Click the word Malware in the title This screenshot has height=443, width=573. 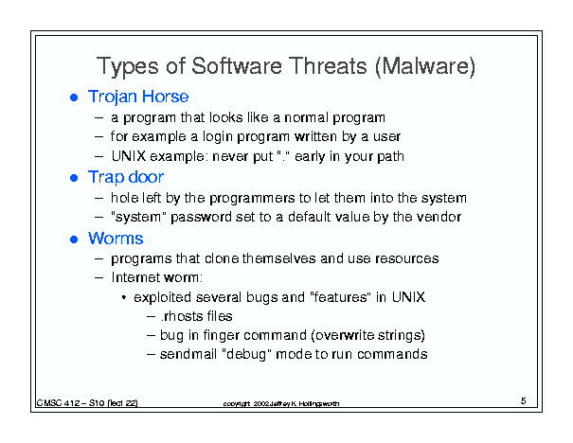(x=425, y=66)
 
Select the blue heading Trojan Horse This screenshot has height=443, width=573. (x=138, y=97)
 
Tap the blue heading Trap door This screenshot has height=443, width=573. (x=126, y=177)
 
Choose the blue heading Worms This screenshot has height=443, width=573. (x=116, y=239)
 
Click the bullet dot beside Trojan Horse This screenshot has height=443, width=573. (x=74, y=97)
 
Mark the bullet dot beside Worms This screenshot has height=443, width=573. (x=74, y=239)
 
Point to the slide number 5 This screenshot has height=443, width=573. (x=524, y=401)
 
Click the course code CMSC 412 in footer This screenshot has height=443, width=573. (x=58, y=403)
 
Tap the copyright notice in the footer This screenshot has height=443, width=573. (x=281, y=403)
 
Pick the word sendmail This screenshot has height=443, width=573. (x=188, y=354)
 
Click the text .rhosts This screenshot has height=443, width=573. (x=179, y=316)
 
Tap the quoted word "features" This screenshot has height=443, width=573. (x=339, y=297)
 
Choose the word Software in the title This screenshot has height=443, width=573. (x=237, y=66)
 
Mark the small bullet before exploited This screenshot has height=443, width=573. (x=124, y=297)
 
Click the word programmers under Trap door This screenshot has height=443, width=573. (x=252, y=199)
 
